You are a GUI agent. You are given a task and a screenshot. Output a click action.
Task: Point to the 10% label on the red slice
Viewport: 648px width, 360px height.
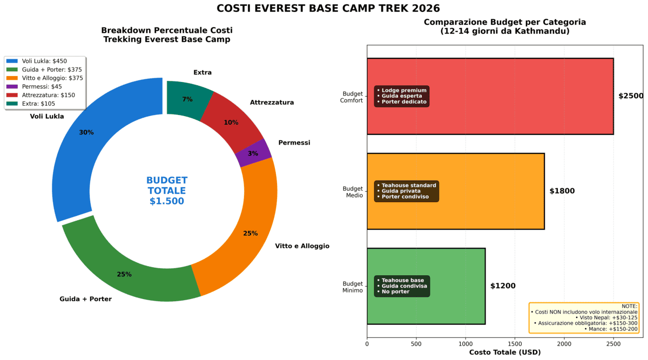coord(231,123)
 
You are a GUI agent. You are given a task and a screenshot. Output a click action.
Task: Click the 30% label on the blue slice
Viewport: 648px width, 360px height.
coord(86,132)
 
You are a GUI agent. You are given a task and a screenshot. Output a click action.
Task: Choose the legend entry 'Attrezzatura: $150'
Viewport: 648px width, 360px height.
coord(48,95)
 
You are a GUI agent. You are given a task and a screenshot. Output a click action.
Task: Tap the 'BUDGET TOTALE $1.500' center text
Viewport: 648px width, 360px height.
coord(167,191)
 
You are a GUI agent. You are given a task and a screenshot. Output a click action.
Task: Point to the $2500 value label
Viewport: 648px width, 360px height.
coord(631,96)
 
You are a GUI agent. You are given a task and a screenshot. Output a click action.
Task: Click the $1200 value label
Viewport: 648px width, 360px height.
coord(503,286)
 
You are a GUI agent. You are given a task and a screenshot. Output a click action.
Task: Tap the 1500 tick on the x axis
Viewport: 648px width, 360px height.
coord(515,343)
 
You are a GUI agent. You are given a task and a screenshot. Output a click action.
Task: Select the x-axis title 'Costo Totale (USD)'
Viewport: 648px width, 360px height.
coord(504,352)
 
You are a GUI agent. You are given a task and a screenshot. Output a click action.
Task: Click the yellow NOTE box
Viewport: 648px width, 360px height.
coord(584,317)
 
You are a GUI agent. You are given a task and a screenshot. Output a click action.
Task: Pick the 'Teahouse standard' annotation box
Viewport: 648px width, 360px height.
coord(407,191)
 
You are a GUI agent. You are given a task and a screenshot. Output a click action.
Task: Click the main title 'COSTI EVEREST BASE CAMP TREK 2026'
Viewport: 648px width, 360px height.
coord(328,9)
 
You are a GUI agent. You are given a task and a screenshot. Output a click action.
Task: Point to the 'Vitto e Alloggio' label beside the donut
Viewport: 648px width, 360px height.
coord(302,246)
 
